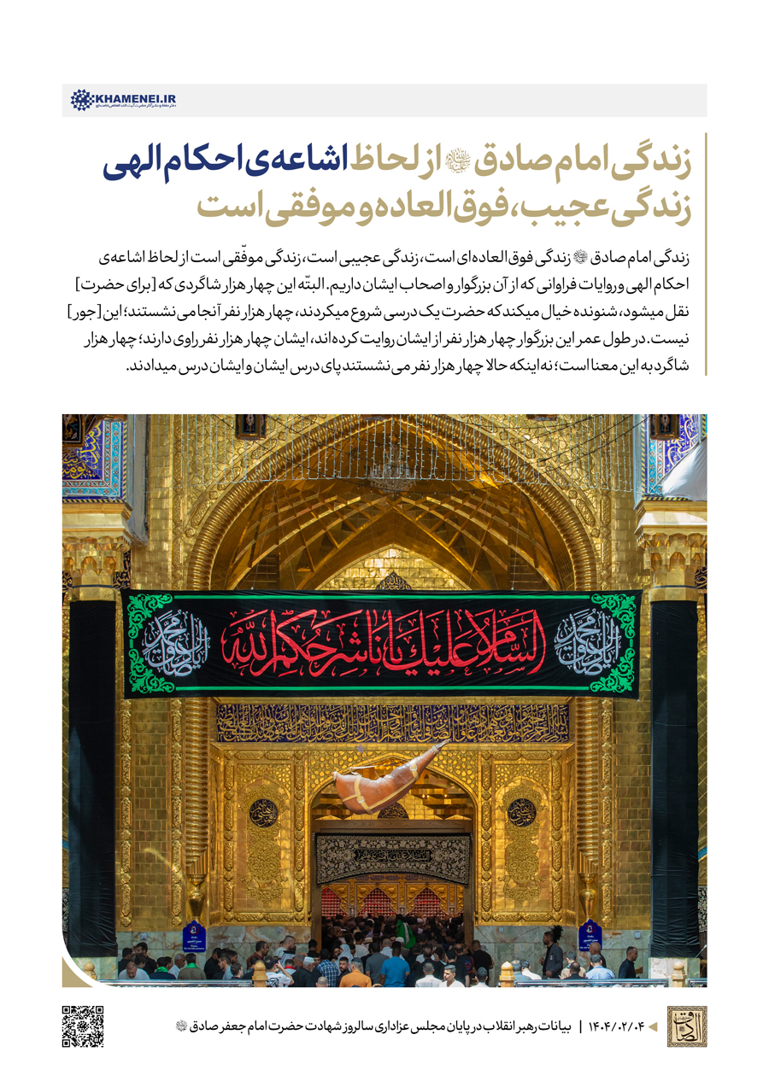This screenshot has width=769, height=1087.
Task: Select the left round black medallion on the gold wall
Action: [x=263, y=812]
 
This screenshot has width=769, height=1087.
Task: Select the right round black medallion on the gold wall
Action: [x=521, y=812]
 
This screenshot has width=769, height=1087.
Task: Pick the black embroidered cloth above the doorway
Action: [x=393, y=858]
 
